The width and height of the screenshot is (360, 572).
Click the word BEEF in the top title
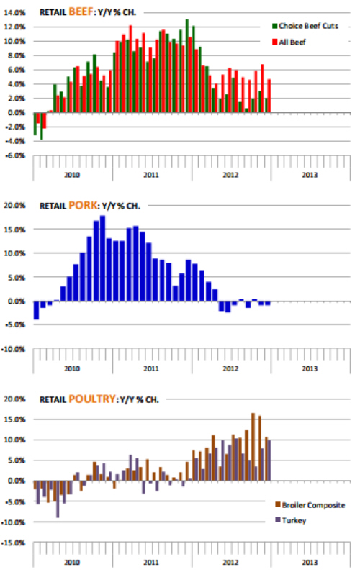click(x=81, y=12)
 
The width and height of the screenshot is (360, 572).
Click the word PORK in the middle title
click(x=84, y=205)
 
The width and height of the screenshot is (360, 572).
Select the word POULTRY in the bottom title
click(x=92, y=399)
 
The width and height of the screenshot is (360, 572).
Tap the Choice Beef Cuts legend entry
click(x=305, y=26)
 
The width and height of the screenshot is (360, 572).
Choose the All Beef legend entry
click(x=289, y=42)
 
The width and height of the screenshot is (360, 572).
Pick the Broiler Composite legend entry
click(x=310, y=505)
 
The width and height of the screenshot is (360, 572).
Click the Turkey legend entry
click(x=291, y=520)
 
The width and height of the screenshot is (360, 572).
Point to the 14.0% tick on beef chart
click(x=14, y=13)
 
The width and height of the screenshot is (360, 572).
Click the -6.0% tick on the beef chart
click(x=14, y=155)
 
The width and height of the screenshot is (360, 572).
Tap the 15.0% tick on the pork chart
click(x=14, y=230)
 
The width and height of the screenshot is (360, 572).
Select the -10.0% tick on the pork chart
click(x=14, y=349)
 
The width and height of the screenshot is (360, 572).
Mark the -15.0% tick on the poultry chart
click(x=14, y=543)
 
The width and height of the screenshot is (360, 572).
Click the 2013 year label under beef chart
click(x=310, y=175)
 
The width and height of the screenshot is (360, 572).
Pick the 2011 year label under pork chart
click(x=151, y=369)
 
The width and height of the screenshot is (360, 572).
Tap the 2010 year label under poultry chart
click(x=72, y=563)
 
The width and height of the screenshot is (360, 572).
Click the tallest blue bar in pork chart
click(x=102, y=258)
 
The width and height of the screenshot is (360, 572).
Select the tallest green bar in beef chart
click(x=187, y=66)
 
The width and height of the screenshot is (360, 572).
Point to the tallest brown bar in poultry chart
click(x=253, y=447)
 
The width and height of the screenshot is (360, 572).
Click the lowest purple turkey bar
click(x=58, y=499)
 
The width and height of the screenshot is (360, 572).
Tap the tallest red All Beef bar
click(x=130, y=69)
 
